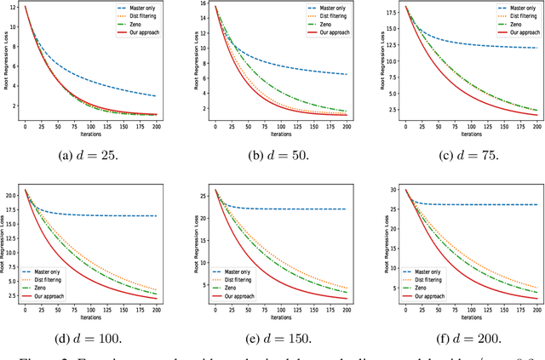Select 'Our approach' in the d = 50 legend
(x=326, y=31)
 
